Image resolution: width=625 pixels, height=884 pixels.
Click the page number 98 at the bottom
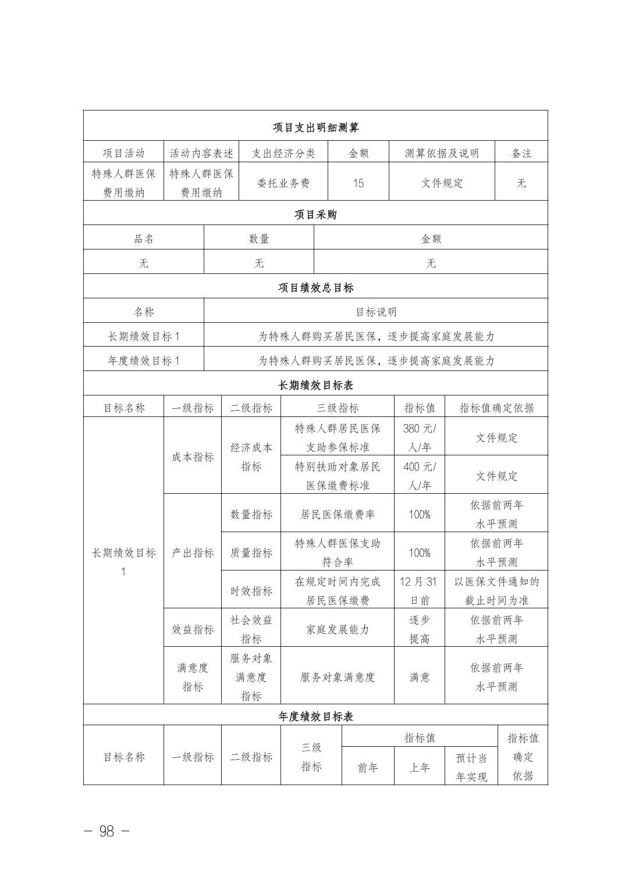[x=106, y=830]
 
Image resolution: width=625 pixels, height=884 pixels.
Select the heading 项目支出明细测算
[x=315, y=127]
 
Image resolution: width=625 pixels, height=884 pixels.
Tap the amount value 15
[x=358, y=183]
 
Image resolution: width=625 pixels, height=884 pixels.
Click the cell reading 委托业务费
[x=283, y=183]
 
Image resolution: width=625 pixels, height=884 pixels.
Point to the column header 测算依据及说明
[x=442, y=153]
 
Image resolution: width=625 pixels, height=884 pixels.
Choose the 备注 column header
[x=521, y=153]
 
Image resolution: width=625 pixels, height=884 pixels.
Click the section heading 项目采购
[x=315, y=215]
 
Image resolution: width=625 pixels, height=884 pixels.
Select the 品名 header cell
[x=144, y=238]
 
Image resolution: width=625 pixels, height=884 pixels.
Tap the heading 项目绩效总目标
[x=315, y=287]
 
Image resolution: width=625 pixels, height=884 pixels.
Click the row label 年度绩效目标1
[x=144, y=361]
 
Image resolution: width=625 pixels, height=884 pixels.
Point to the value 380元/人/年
[x=419, y=438]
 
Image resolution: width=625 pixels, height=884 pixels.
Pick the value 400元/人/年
[x=419, y=476]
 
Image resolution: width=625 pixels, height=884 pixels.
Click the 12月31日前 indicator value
[x=419, y=590]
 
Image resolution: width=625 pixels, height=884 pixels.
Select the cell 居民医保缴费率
[x=338, y=514]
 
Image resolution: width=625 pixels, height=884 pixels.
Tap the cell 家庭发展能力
[x=338, y=629]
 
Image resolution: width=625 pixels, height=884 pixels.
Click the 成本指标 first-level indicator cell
[x=193, y=457]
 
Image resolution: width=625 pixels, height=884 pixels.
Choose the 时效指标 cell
[x=251, y=591]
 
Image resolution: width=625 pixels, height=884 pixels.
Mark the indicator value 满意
[x=419, y=677]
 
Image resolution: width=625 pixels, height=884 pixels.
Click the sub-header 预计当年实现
[x=471, y=767]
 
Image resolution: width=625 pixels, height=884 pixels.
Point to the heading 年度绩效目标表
[x=315, y=717]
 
